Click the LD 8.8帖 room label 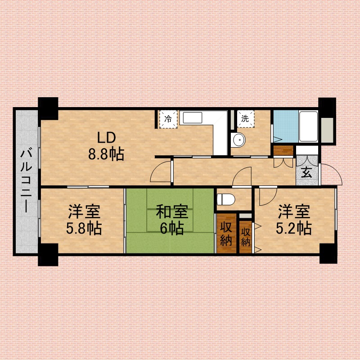pos(106,146)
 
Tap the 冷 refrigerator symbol pos(168,119)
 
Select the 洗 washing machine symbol pos(245,119)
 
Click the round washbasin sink pos(238,139)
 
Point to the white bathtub pos(308,126)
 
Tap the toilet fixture pos(226,199)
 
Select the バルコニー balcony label pos(26,181)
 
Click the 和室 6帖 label pos(172,220)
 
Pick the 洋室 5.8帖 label pos(84,220)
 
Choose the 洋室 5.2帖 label pos(294,220)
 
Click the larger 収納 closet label pos(226,234)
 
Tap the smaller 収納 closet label pos(245,238)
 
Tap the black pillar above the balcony pos(48,108)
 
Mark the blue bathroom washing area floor pos(286,126)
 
